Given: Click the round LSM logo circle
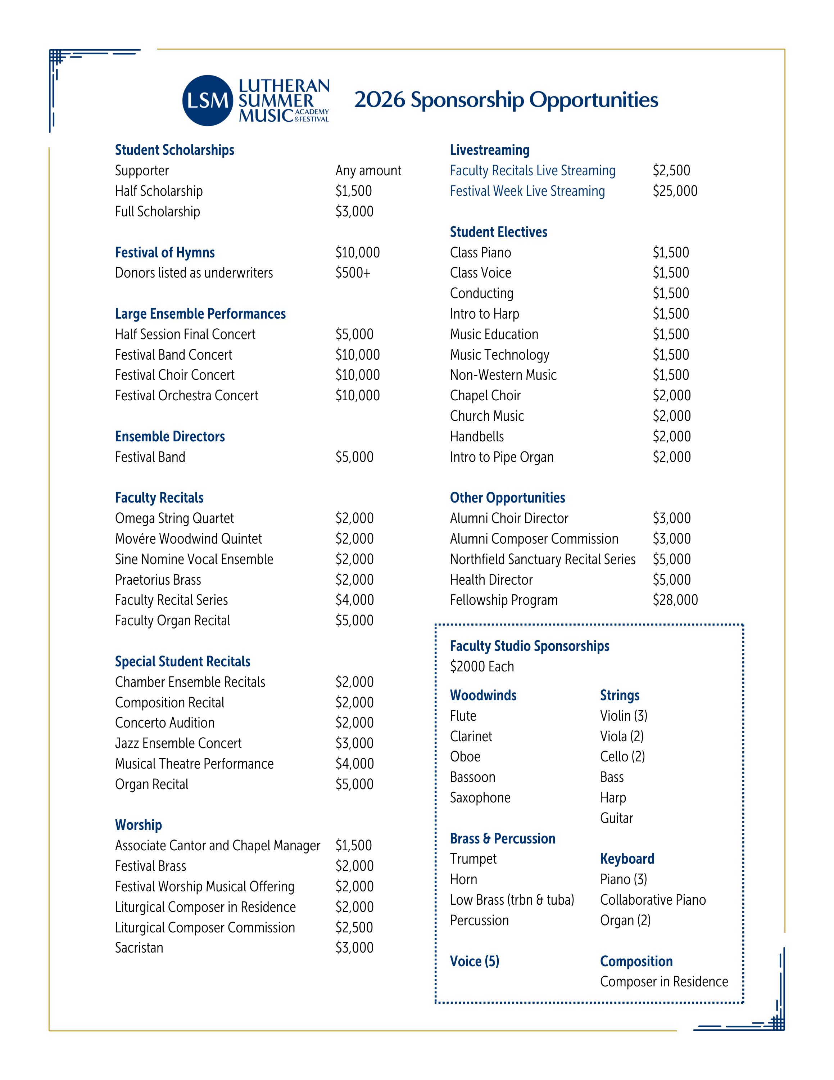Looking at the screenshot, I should click(x=208, y=100).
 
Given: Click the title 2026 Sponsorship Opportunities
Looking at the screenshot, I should click(x=506, y=100).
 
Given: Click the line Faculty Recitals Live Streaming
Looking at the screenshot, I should click(x=532, y=171).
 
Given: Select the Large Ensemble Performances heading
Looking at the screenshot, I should click(x=200, y=314).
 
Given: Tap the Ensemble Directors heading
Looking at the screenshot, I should click(x=170, y=437).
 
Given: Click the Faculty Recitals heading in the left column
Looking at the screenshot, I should click(x=159, y=498).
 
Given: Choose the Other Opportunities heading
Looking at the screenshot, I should click(x=507, y=498).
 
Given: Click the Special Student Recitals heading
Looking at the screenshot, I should click(x=183, y=662).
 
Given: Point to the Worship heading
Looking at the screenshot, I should click(x=139, y=825).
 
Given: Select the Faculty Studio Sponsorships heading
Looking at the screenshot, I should click(x=530, y=646).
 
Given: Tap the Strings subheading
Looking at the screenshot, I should click(x=620, y=696).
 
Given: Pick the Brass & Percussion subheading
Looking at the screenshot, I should click(x=503, y=839).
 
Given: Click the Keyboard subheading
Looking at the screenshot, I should click(x=627, y=859).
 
